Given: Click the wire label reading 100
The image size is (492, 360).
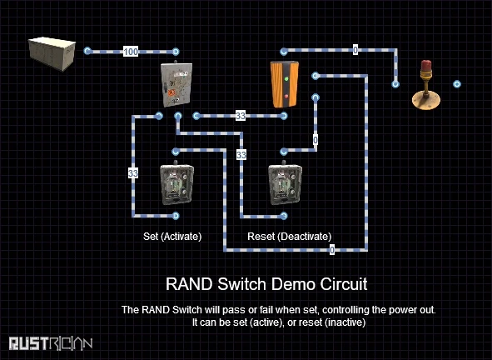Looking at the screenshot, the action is [131, 51].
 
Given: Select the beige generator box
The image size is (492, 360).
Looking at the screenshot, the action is [52, 53].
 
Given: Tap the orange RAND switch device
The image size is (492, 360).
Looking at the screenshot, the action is [285, 84].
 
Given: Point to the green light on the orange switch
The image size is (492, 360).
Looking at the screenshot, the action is [286, 78].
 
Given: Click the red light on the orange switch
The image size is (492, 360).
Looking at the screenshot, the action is [286, 96].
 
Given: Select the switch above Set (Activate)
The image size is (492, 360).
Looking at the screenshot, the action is [176, 184].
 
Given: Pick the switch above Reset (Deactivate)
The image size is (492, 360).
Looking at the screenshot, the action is [285, 184].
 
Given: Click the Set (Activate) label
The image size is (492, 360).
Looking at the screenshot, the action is [172, 236].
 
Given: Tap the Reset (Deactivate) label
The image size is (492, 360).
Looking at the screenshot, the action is [290, 236].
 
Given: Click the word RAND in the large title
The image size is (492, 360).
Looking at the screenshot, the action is [189, 284].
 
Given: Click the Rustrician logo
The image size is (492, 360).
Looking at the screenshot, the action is [51, 343].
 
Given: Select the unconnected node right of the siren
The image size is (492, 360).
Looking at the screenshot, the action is [457, 84].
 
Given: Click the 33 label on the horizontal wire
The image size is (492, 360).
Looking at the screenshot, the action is [241, 116].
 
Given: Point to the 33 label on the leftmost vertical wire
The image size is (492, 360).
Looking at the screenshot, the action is [133, 173].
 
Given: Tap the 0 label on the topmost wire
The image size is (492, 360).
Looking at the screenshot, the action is [355, 50].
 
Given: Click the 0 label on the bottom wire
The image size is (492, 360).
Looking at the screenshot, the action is [332, 250].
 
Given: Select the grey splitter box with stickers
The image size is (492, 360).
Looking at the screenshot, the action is [176, 84].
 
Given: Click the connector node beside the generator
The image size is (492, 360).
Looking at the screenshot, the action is [87, 51].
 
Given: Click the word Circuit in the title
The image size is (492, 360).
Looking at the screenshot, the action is [344, 284].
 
